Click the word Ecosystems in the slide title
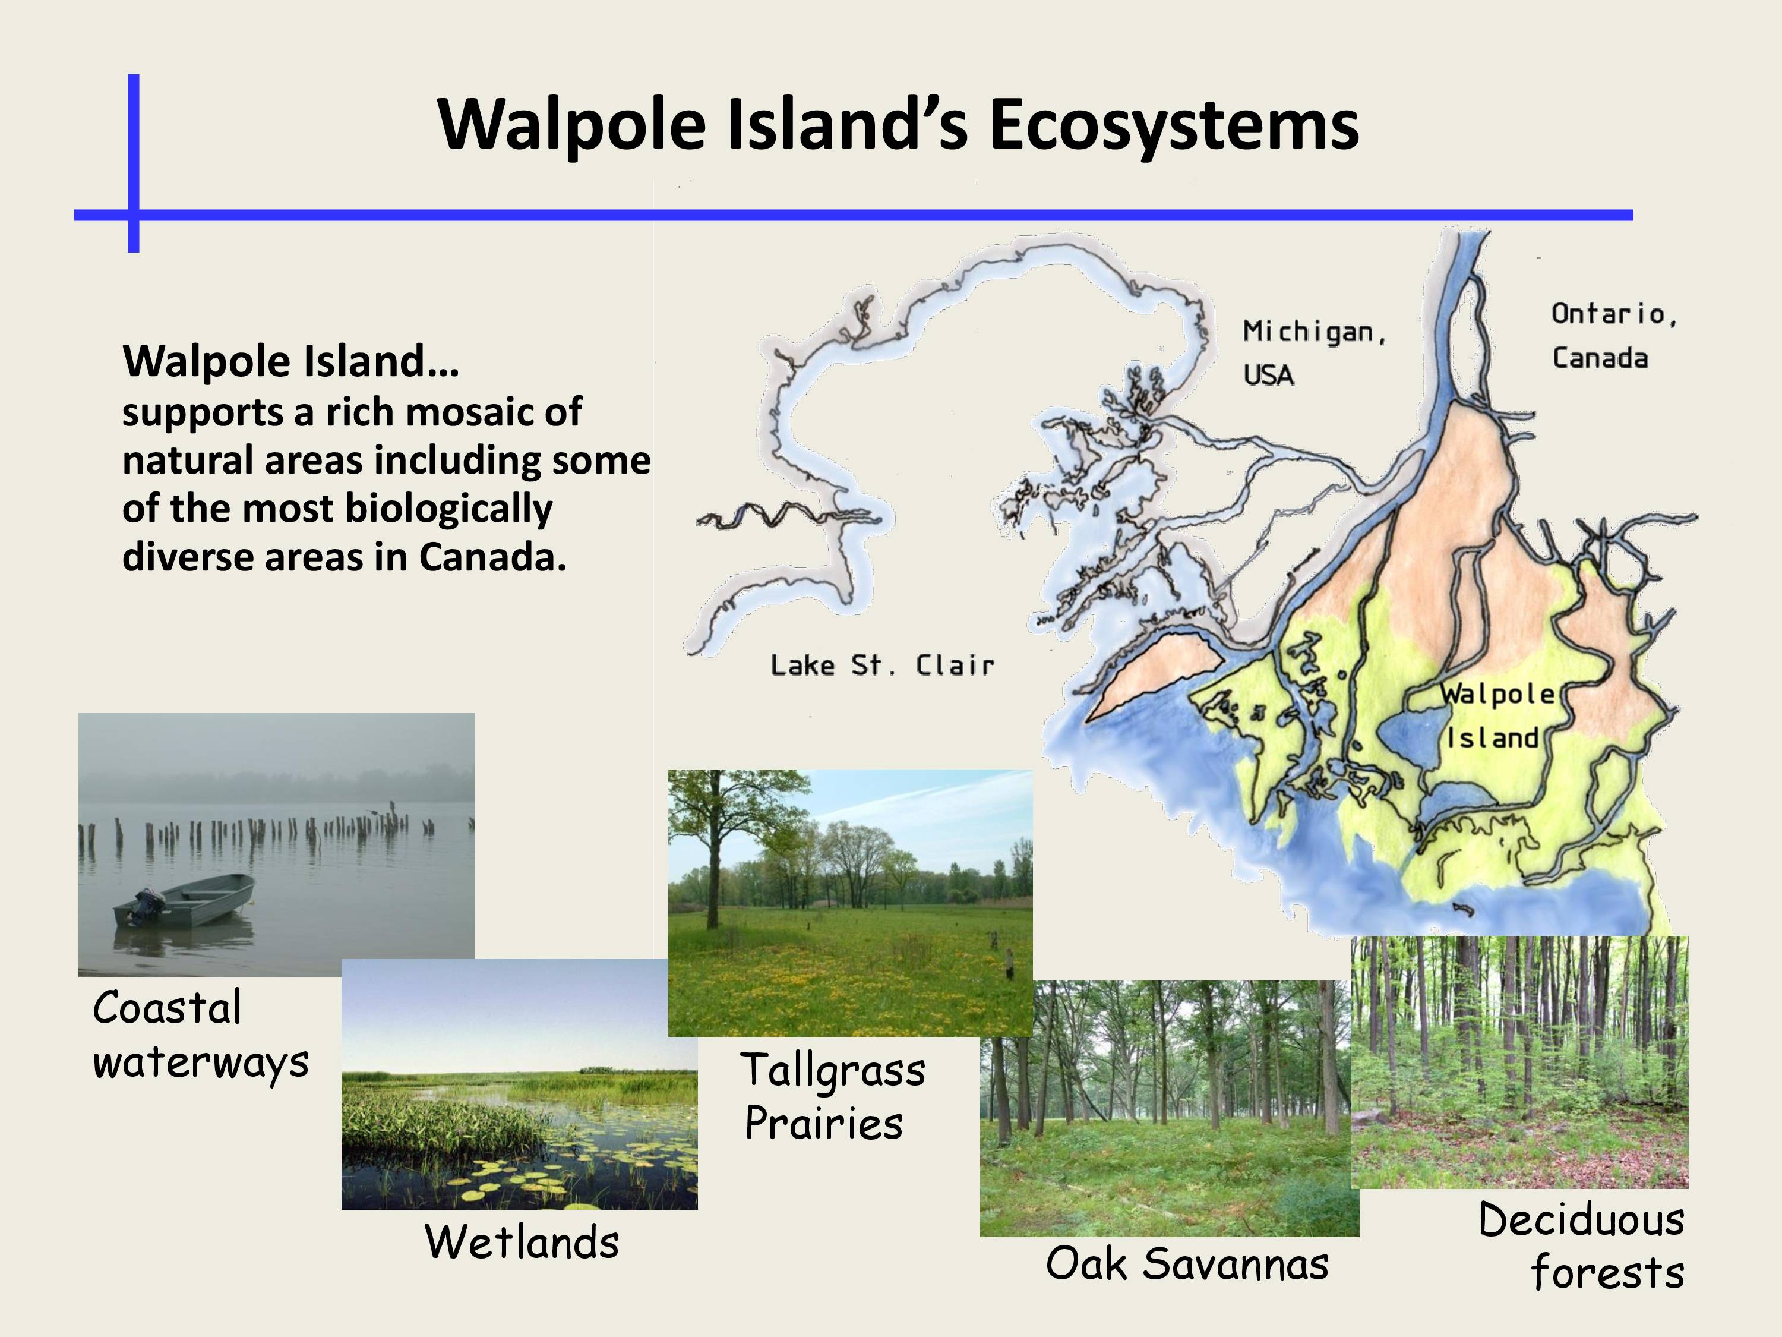coord(1174,126)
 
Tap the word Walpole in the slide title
coord(572,126)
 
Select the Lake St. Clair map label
coord(883,666)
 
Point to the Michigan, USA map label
coord(1314,353)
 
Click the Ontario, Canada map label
coord(1614,335)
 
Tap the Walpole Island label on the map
coord(1496,715)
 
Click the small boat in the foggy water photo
coord(185,900)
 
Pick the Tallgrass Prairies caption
coord(833,1096)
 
